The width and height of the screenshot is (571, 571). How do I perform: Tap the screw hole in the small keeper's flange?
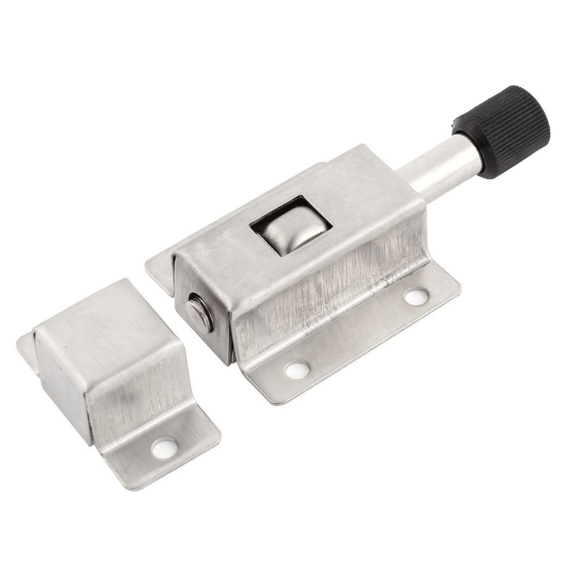(165, 444)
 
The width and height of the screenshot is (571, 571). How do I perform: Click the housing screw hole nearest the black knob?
(414, 296)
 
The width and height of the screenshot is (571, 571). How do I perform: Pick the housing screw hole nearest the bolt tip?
(297, 369)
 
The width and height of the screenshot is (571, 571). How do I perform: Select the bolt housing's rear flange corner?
(156, 265)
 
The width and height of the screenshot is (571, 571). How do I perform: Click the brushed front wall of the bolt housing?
(327, 301)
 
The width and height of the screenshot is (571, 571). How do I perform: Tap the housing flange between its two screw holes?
(358, 337)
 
